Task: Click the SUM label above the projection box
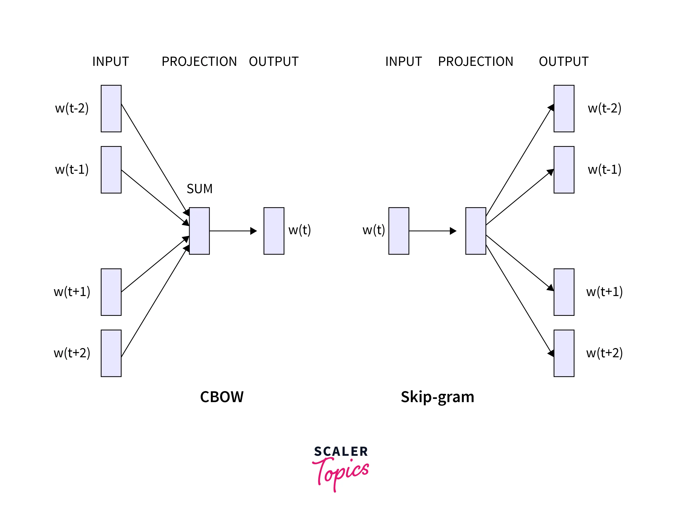[x=199, y=189]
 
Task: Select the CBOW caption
[x=222, y=397]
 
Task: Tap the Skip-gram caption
[x=437, y=397]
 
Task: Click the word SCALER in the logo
[x=341, y=452]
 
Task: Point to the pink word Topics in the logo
[x=342, y=473]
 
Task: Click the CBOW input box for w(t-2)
[x=111, y=108]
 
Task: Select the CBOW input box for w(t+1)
[x=111, y=292]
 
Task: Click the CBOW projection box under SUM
[x=199, y=231]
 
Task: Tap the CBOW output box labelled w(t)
[x=274, y=231]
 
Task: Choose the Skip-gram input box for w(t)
[x=399, y=231]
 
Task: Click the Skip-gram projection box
[x=475, y=231]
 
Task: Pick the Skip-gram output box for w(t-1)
[x=564, y=170]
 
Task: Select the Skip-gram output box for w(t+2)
[x=564, y=353]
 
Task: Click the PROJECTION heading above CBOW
[x=199, y=62]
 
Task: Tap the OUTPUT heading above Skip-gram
[x=563, y=62]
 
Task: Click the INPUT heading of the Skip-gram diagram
[x=403, y=62]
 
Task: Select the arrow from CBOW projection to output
[x=232, y=231]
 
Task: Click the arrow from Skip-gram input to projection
[x=432, y=231]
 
